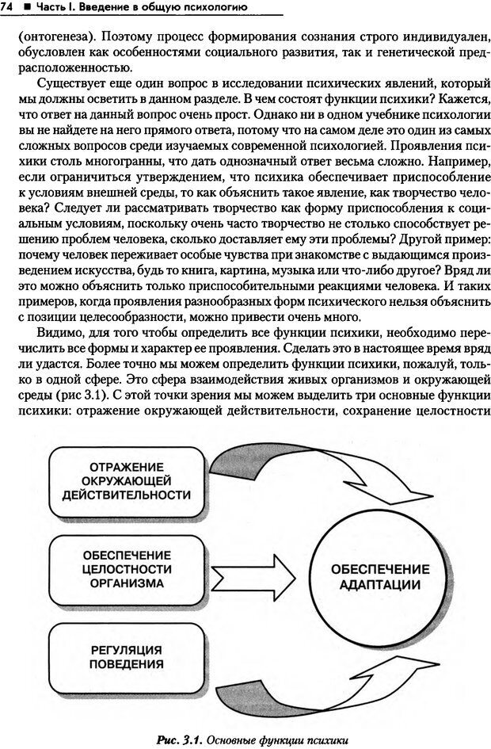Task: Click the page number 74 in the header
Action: coord(10,7)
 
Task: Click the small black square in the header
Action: coord(27,8)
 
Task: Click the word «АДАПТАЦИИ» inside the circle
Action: coord(380,586)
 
